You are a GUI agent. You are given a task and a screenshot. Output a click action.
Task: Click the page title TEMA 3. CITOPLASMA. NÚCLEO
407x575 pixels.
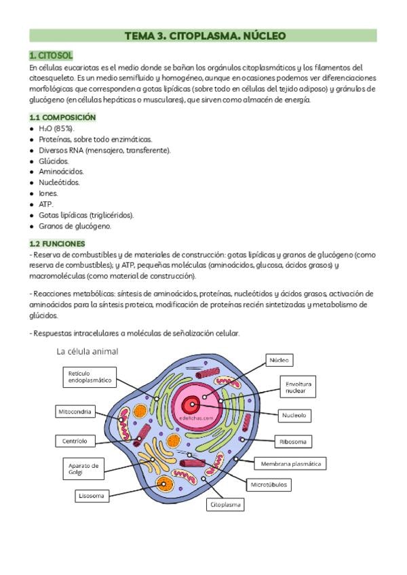204,35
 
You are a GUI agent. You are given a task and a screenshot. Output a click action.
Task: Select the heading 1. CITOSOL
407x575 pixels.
51,56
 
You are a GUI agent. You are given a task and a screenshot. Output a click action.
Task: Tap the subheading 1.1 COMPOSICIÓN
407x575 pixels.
62,117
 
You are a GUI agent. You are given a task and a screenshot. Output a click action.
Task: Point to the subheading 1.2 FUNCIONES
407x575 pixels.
57,243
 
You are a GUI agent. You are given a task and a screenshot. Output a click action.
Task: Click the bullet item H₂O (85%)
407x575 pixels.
57,128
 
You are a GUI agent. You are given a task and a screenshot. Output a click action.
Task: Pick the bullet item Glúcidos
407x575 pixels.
54,161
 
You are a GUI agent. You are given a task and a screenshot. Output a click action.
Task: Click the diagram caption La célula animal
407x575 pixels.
88,351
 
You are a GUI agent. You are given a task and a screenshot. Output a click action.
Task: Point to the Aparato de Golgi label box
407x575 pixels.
84,469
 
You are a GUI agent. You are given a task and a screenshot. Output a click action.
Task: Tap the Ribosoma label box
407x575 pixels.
292,441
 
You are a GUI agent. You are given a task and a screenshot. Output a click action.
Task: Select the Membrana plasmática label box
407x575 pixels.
290,464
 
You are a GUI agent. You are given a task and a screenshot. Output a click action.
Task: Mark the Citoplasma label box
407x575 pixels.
225,504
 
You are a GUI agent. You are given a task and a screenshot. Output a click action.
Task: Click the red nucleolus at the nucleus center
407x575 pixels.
192,405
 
